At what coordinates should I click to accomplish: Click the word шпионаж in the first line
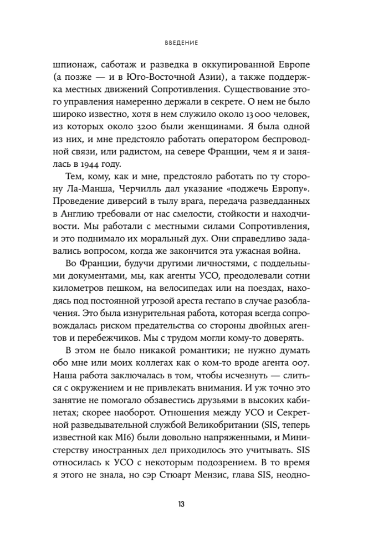[x=69, y=63]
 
